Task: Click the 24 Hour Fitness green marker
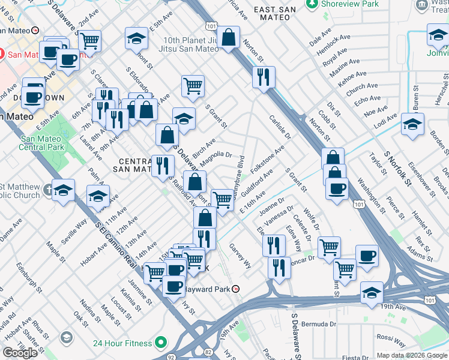pos(160,344)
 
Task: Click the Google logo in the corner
pos(20,353)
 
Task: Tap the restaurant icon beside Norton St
pos(264,76)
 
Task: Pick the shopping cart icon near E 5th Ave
pos(89,41)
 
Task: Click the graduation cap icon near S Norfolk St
pos(412,124)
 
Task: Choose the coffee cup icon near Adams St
pos(367,256)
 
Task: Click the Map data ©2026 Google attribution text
pos(412,355)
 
